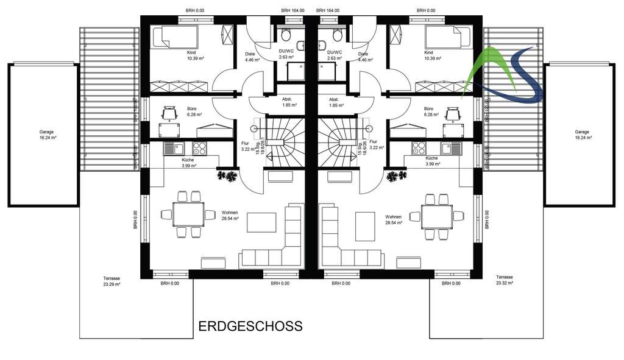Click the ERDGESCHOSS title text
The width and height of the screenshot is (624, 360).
[x=250, y=326]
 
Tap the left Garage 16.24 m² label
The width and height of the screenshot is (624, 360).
[x=43, y=135]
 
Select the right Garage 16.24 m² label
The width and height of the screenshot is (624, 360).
[x=581, y=135]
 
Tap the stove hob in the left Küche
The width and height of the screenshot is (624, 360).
[x=200, y=148]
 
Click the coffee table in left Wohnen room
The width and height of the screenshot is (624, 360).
[x=261, y=222]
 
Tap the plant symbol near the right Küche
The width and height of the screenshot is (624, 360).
[x=396, y=176]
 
